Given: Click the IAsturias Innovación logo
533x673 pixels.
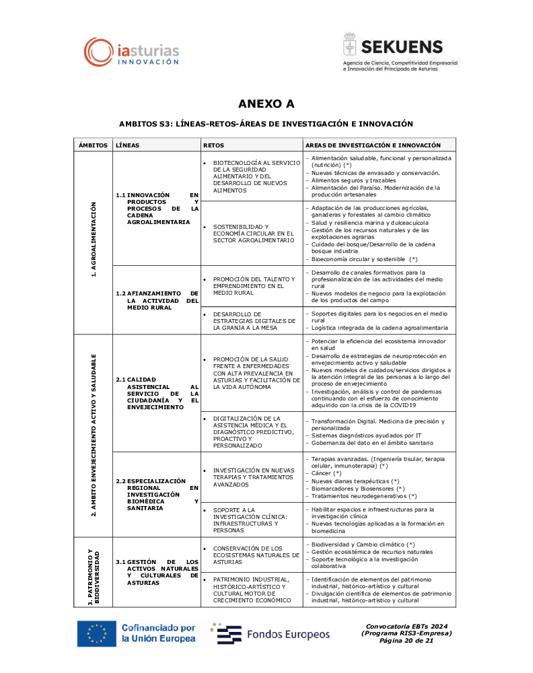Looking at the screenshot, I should click(132, 52).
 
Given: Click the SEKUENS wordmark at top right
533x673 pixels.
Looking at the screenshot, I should click(402, 46).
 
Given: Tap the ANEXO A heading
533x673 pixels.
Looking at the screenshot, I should click(266, 104).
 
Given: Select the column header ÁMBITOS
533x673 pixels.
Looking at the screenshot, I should click(93, 145).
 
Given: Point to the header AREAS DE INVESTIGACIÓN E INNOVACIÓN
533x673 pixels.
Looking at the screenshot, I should click(374, 145).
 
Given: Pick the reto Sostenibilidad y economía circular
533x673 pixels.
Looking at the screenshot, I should click(254, 233).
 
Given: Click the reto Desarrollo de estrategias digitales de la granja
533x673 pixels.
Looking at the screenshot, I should click(254, 321).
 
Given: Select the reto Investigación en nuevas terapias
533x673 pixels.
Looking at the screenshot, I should click(254, 477).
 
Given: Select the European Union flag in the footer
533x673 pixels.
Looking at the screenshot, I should click(97, 633).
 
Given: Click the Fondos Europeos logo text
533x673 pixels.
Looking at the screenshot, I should click(288, 634).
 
